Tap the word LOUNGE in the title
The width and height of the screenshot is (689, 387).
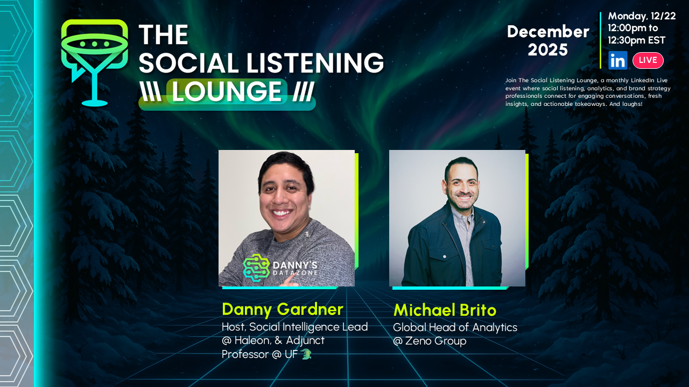[226, 92]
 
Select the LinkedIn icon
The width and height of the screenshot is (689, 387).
[617, 60]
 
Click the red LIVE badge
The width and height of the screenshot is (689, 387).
[648, 60]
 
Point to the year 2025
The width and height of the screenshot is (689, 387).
[547, 50]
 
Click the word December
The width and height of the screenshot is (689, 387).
[548, 32]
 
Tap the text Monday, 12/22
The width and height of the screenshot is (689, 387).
[642, 16]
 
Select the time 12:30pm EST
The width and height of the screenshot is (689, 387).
[637, 40]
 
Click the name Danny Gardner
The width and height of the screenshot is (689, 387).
[282, 309]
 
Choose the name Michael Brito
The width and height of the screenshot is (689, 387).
[445, 310]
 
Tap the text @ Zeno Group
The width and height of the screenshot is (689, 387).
[430, 341]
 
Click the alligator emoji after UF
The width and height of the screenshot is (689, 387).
[306, 354]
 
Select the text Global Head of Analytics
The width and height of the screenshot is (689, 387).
[455, 327]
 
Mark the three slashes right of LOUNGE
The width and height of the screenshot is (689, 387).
[304, 92]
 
